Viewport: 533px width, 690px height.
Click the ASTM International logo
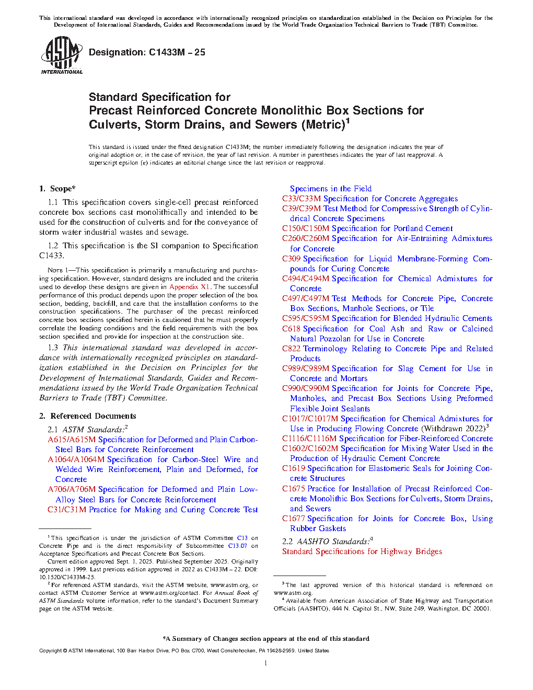[62, 54]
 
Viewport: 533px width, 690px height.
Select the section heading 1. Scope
[57, 189]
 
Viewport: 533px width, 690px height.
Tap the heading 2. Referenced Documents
[88, 416]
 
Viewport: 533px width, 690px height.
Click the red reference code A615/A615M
[72, 440]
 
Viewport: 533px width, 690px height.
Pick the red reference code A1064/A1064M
[76, 459]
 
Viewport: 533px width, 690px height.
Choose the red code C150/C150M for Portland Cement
[306, 228]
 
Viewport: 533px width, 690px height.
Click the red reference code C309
[292, 259]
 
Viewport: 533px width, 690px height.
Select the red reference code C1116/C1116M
[309, 439]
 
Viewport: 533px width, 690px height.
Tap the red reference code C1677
[294, 519]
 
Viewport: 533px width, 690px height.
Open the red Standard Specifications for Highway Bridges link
[362, 551]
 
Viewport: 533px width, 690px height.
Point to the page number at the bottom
[266, 663]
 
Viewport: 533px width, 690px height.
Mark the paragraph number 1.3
[53, 348]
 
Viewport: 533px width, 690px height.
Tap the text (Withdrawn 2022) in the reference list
[453, 429]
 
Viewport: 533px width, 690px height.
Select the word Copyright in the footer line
[50, 651]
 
